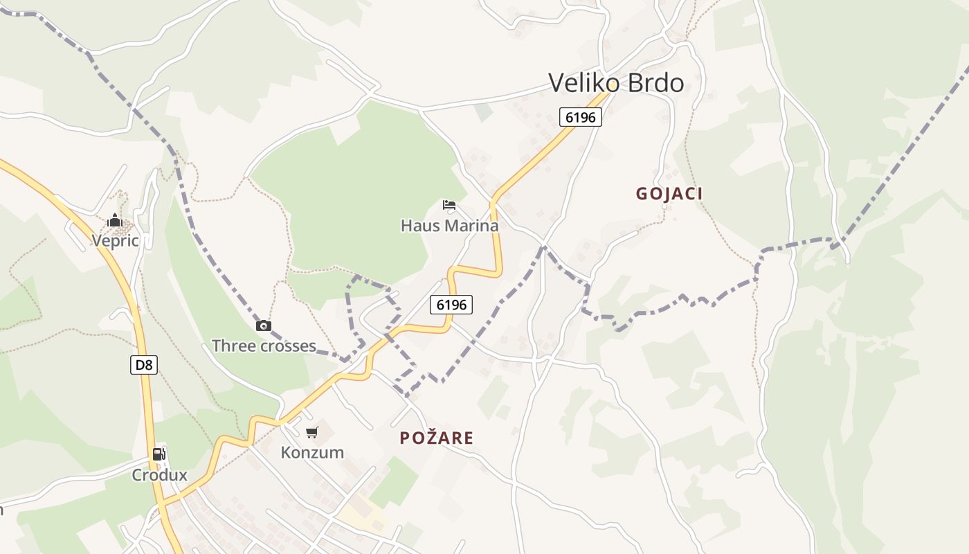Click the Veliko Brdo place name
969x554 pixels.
pos(616,83)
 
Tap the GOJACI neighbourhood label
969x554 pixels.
pos(669,194)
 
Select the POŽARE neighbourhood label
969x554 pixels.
pos(437,438)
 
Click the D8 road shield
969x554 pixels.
pos(144,365)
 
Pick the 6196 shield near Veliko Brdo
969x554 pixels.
pos(580,117)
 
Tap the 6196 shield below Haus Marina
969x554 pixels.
pos(451,304)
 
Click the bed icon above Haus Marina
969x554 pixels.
pos(449,205)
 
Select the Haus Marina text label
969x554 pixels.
pos(449,226)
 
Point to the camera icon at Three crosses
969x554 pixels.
pos(264,326)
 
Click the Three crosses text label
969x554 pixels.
pos(264,346)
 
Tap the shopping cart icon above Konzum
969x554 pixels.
pos(312,433)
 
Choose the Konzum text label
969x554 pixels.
pos(312,453)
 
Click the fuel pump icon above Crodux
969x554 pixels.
pos(159,454)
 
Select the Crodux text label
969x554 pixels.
pos(160,475)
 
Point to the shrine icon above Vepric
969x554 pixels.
pos(115,221)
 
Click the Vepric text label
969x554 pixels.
pos(116,241)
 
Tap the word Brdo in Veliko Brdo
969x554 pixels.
pos(655,83)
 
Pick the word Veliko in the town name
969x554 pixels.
pos(584,83)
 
